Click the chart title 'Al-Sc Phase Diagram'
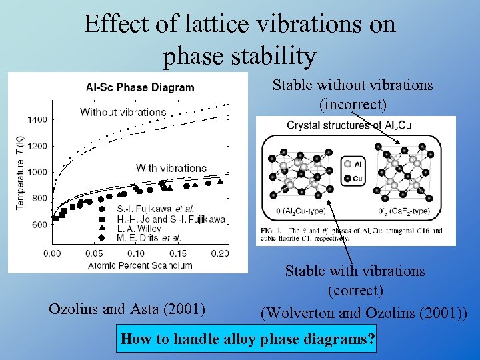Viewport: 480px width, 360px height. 140,87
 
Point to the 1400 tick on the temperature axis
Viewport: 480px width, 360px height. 37,120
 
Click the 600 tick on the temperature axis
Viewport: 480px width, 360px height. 40,225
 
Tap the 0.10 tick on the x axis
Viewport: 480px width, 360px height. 136,253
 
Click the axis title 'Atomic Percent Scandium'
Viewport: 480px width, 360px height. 139,265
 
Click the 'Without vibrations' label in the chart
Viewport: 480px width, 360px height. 123,112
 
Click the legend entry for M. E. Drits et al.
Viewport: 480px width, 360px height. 148,238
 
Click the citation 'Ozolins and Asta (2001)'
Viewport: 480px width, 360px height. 127,309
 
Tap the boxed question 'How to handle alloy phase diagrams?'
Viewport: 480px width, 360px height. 247,339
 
